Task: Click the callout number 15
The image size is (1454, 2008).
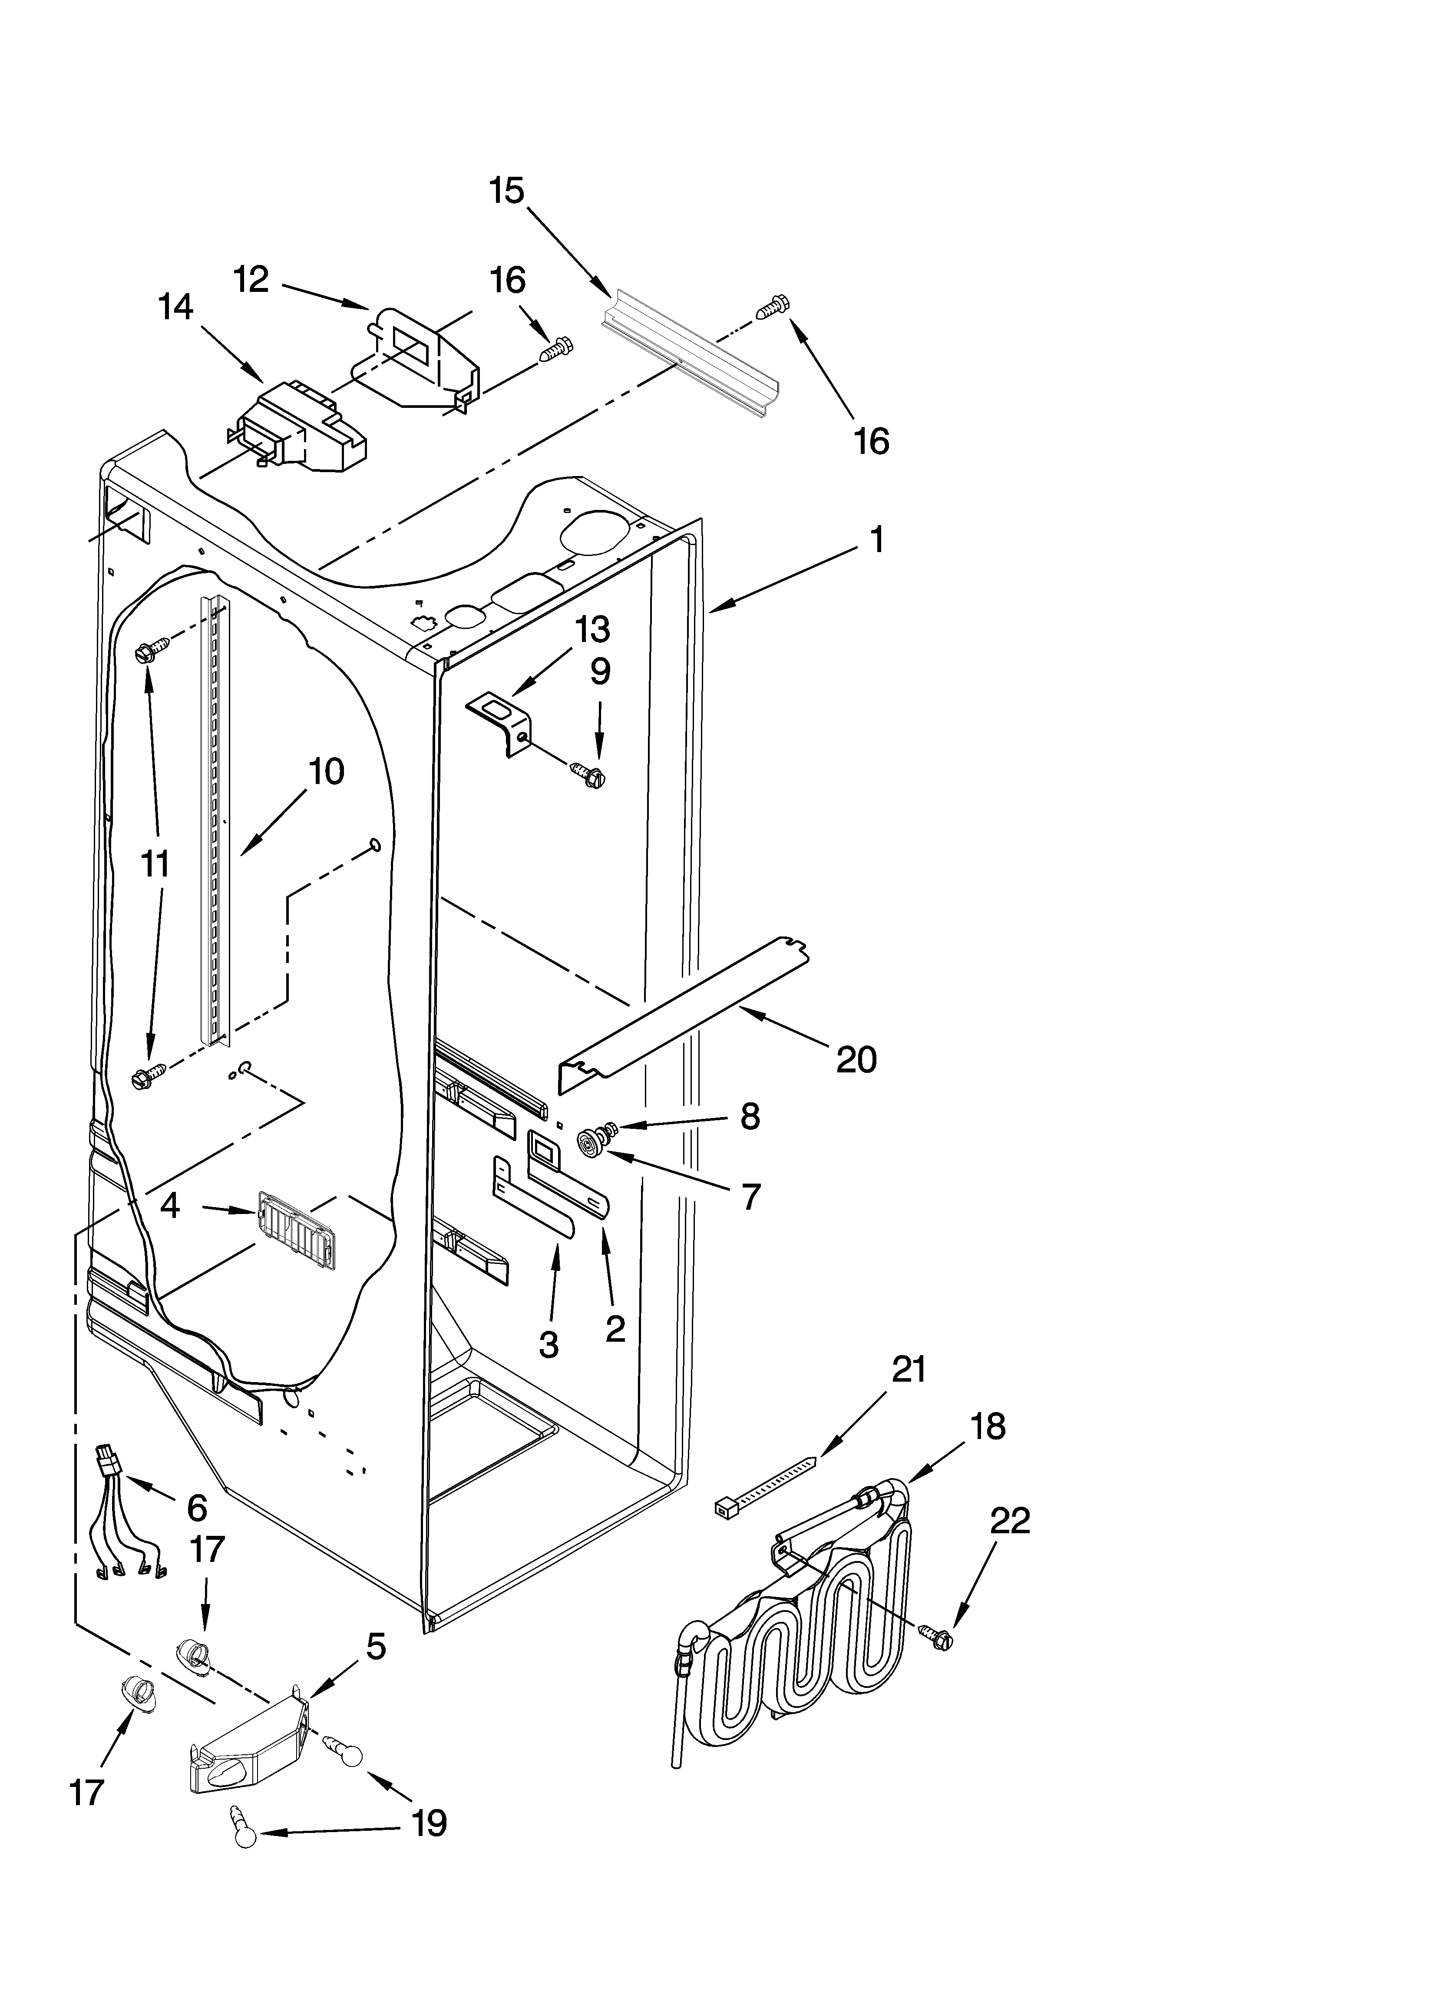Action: pyautogui.click(x=507, y=191)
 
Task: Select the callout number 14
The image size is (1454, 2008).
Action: pyautogui.click(x=175, y=307)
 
